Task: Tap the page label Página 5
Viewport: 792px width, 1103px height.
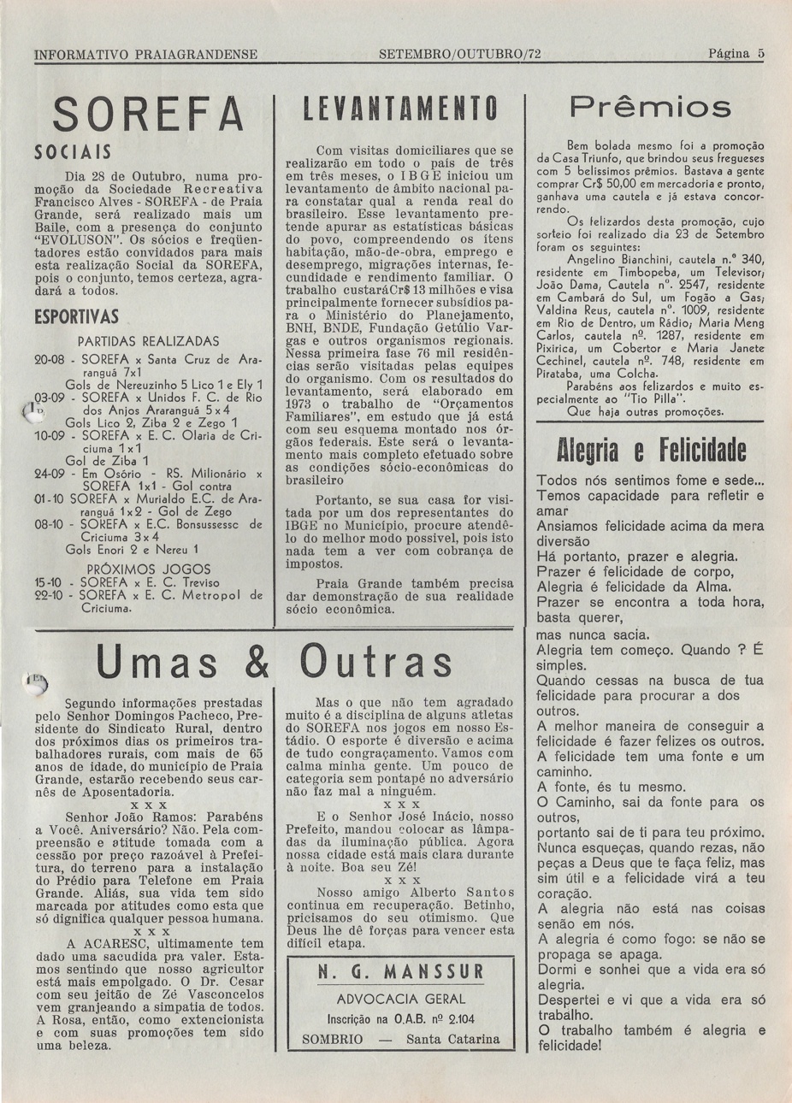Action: pyautogui.click(x=736, y=53)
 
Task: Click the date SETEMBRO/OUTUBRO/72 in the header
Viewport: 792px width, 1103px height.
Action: pyautogui.click(x=459, y=53)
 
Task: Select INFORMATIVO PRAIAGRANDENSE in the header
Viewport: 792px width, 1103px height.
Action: pyautogui.click(x=146, y=53)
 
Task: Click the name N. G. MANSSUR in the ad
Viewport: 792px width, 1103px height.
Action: pyautogui.click(x=400, y=973)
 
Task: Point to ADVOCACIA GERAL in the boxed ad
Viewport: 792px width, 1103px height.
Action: pyautogui.click(x=400, y=999)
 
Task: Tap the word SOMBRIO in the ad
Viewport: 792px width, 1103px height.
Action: pyautogui.click(x=333, y=1040)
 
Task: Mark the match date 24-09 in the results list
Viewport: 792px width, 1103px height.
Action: pyautogui.click(x=50, y=473)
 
